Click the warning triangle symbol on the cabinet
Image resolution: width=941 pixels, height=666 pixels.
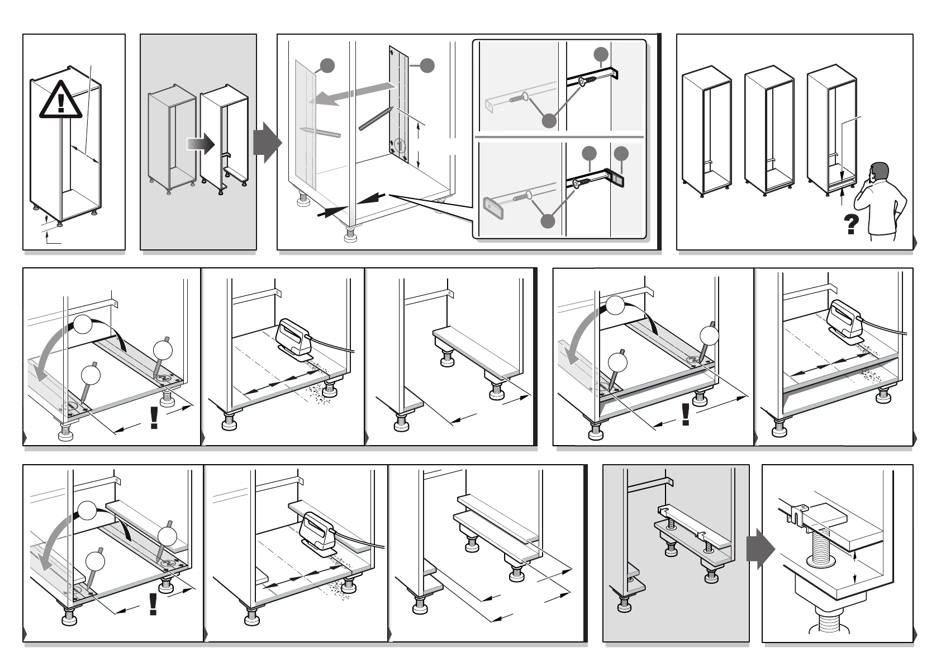pyautogui.click(x=60, y=101)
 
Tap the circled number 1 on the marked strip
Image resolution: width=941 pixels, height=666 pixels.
pyautogui.click(x=399, y=146)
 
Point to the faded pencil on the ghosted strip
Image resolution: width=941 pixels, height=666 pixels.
pyautogui.click(x=320, y=133)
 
